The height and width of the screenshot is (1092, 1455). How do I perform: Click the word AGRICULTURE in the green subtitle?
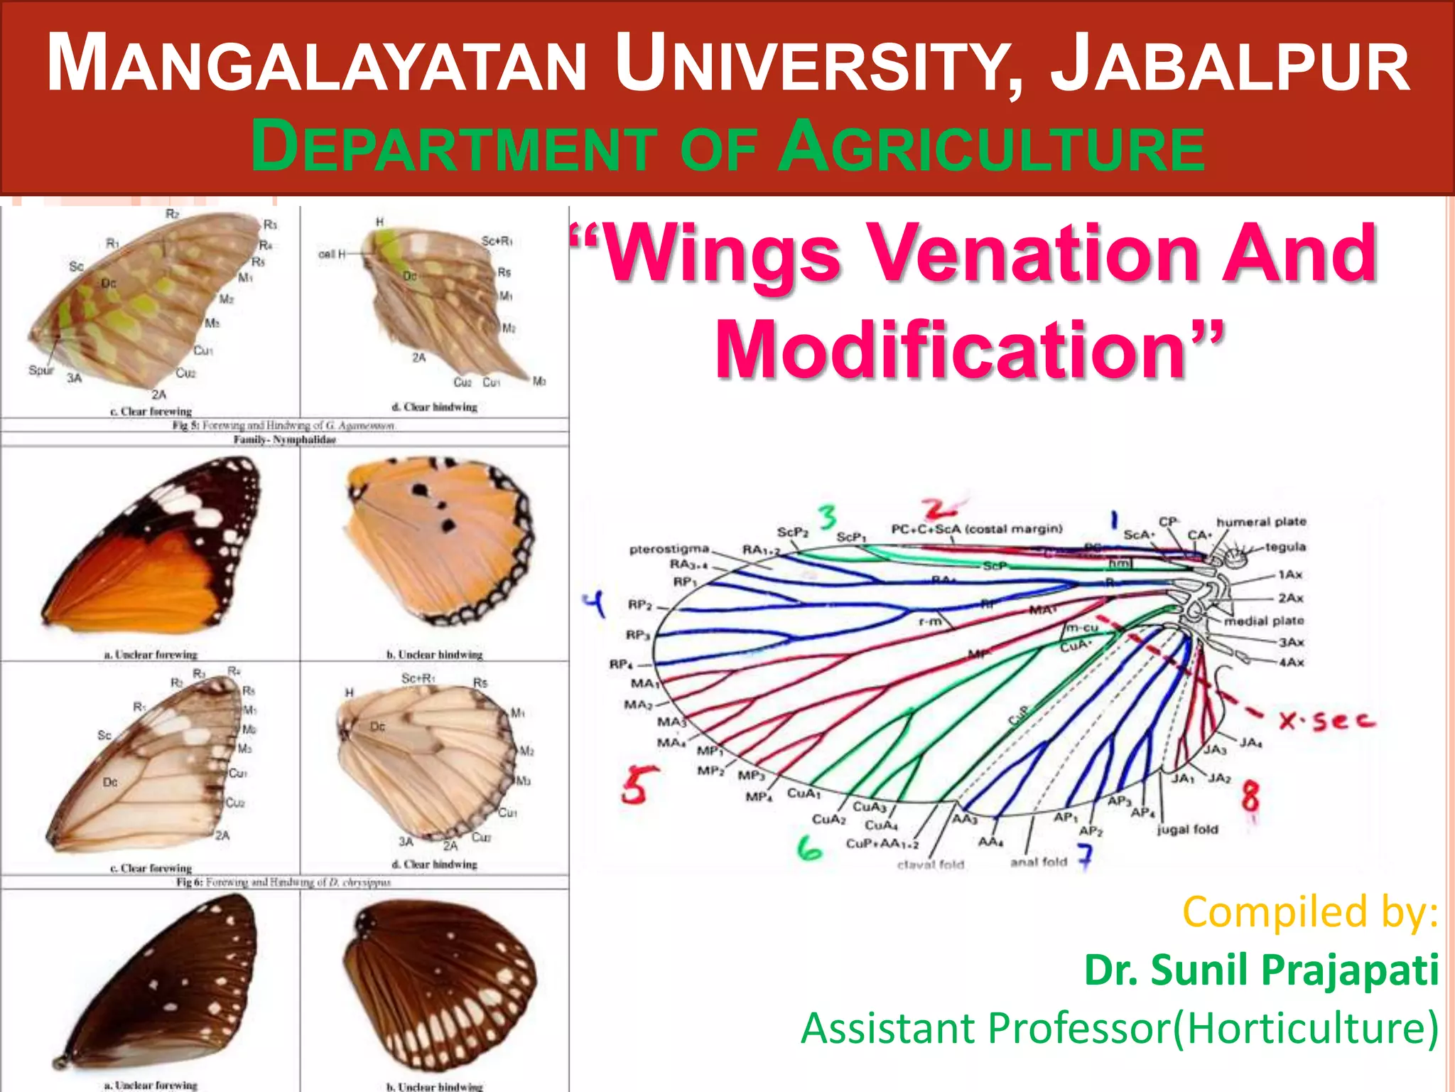tap(991, 148)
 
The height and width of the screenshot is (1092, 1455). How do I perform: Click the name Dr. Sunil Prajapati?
tap(1261, 970)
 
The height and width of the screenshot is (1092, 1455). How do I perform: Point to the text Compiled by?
tap(1309, 912)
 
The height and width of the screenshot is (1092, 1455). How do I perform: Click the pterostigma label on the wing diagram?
tap(669, 549)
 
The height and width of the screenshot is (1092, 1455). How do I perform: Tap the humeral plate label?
tap(1261, 522)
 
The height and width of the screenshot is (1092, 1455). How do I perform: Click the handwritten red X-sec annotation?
tap(1326, 721)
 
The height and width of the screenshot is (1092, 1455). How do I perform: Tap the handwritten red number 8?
tap(1250, 796)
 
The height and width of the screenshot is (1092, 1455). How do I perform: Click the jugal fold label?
tap(1187, 830)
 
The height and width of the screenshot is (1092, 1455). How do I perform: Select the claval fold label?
tap(930, 864)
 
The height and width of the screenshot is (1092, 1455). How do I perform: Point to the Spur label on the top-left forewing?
tap(40, 370)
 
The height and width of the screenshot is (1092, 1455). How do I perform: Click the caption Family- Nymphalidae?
tap(285, 440)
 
